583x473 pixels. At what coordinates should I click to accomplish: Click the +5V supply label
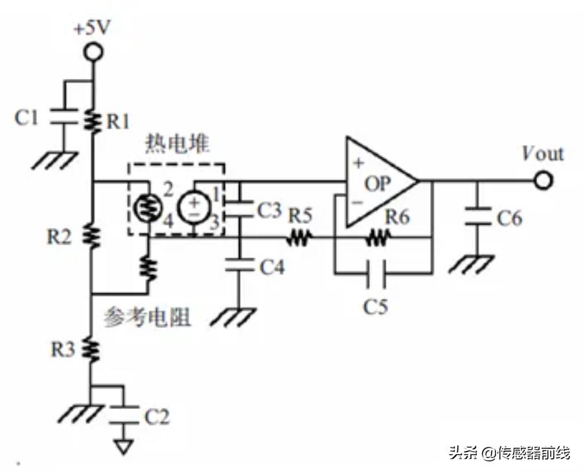coord(94,29)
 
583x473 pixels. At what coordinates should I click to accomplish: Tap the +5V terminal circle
coord(94,51)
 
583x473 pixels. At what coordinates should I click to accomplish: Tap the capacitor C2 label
coord(157,417)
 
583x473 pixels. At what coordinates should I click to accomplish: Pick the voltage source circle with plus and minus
coord(194,207)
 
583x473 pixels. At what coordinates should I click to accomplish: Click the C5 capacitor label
coord(375,305)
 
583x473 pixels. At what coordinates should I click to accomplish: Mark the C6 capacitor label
coord(509,219)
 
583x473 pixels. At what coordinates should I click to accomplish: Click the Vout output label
coord(542,154)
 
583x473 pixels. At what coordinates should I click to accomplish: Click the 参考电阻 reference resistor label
coord(148,317)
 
